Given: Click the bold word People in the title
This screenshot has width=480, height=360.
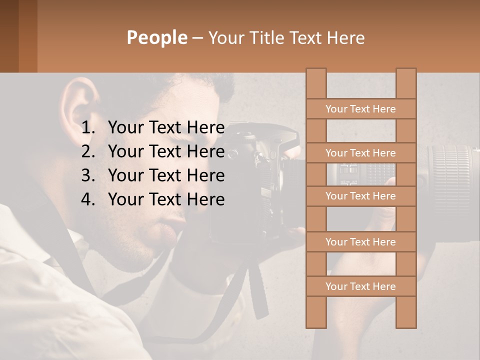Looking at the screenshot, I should [x=157, y=37].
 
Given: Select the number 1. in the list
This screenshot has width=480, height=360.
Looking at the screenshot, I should [x=88, y=128].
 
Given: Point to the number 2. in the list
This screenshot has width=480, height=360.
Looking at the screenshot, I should [x=88, y=151].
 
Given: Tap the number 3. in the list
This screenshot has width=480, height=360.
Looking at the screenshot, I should [x=88, y=175].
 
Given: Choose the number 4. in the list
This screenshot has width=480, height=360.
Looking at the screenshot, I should [x=88, y=199].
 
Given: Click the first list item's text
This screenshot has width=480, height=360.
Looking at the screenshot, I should [x=166, y=128].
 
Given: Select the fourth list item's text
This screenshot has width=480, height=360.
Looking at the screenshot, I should [x=166, y=199].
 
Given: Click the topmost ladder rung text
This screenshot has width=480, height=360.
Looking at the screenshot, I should [x=360, y=109].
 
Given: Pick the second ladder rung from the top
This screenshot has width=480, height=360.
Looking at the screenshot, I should [x=360, y=153].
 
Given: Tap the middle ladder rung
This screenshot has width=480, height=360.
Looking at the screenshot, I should [x=360, y=196].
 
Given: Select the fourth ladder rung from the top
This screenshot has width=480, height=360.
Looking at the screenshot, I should [x=360, y=242].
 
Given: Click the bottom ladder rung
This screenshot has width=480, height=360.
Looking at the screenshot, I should [x=360, y=286].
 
